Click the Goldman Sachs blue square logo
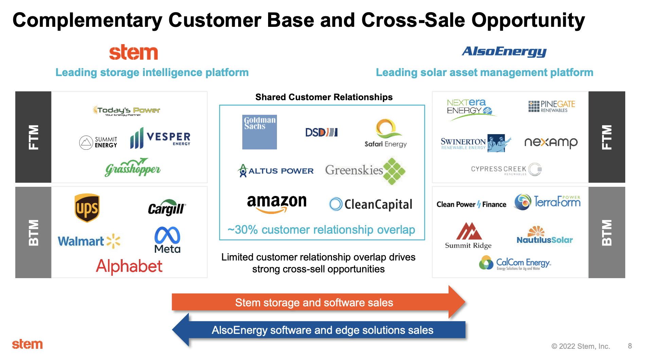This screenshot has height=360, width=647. (x=259, y=132)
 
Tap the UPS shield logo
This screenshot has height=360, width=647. (x=87, y=208)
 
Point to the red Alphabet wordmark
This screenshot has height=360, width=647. (x=129, y=266)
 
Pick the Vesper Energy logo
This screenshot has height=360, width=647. (x=160, y=138)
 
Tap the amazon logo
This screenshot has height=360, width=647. (x=277, y=203)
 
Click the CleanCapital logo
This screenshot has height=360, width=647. (x=371, y=204)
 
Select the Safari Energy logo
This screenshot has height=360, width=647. (x=386, y=133)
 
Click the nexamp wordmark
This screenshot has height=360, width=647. (x=551, y=142)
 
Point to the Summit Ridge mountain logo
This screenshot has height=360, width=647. (x=468, y=235)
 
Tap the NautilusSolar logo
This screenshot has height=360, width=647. (x=544, y=235)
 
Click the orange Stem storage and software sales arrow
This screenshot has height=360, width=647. (x=314, y=302)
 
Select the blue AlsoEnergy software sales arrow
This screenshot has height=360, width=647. (x=322, y=330)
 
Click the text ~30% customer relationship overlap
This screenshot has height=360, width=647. (x=321, y=230)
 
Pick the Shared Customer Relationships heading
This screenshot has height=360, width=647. (x=323, y=97)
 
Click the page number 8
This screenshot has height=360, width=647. (x=630, y=346)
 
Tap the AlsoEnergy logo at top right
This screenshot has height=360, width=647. (x=504, y=52)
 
